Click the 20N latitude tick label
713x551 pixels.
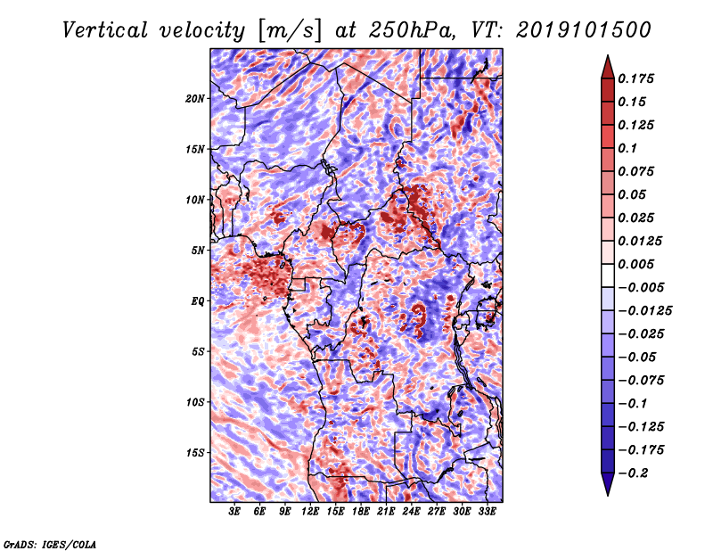195,98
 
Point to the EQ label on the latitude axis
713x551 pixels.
198,300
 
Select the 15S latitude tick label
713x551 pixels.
195,452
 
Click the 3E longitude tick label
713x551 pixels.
235,512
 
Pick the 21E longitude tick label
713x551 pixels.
386,512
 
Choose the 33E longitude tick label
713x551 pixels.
488,512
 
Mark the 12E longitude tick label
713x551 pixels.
310,512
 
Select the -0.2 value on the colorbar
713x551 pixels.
637,473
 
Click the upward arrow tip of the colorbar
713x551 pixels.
607,56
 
